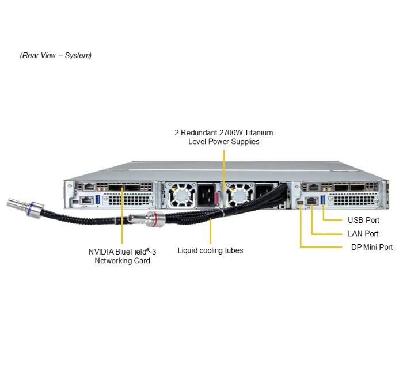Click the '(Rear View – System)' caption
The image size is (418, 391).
click(x=55, y=56)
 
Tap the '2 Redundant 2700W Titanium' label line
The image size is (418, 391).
click(x=223, y=132)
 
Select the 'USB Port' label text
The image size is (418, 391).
click(x=363, y=220)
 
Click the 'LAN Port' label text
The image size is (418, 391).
click(x=363, y=234)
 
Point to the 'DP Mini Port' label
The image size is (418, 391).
click(x=371, y=247)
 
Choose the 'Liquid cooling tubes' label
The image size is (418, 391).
click(x=210, y=250)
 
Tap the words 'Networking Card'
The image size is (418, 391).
click(x=122, y=261)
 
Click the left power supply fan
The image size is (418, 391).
click(x=183, y=195)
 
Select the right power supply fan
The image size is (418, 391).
click(x=238, y=195)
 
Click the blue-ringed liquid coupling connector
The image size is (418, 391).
click(x=24, y=206)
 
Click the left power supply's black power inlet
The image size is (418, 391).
click(x=207, y=193)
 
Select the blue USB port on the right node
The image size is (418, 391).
click(x=322, y=199)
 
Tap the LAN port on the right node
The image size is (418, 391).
click(x=311, y=200)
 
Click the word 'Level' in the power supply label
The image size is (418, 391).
click(x=197, y=142)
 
